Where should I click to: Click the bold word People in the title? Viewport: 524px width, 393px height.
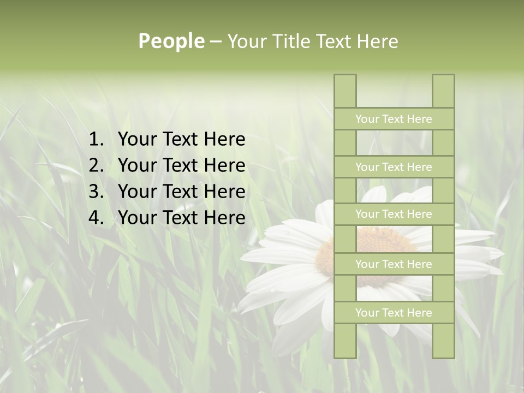click(171, 41)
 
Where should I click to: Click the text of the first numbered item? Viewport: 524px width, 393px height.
click(181, 140)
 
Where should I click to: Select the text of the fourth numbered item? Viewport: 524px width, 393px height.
click(181, 218)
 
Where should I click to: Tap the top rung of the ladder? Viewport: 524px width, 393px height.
click(394, 119)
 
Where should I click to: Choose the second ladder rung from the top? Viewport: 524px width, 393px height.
click(394, 167)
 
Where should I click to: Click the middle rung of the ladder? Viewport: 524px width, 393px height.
click(394, 215)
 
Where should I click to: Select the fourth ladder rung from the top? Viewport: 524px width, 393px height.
click(394, 264)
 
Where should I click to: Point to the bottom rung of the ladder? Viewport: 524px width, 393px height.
click(394, 313)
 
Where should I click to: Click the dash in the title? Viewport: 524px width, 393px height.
click(216, 41)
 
